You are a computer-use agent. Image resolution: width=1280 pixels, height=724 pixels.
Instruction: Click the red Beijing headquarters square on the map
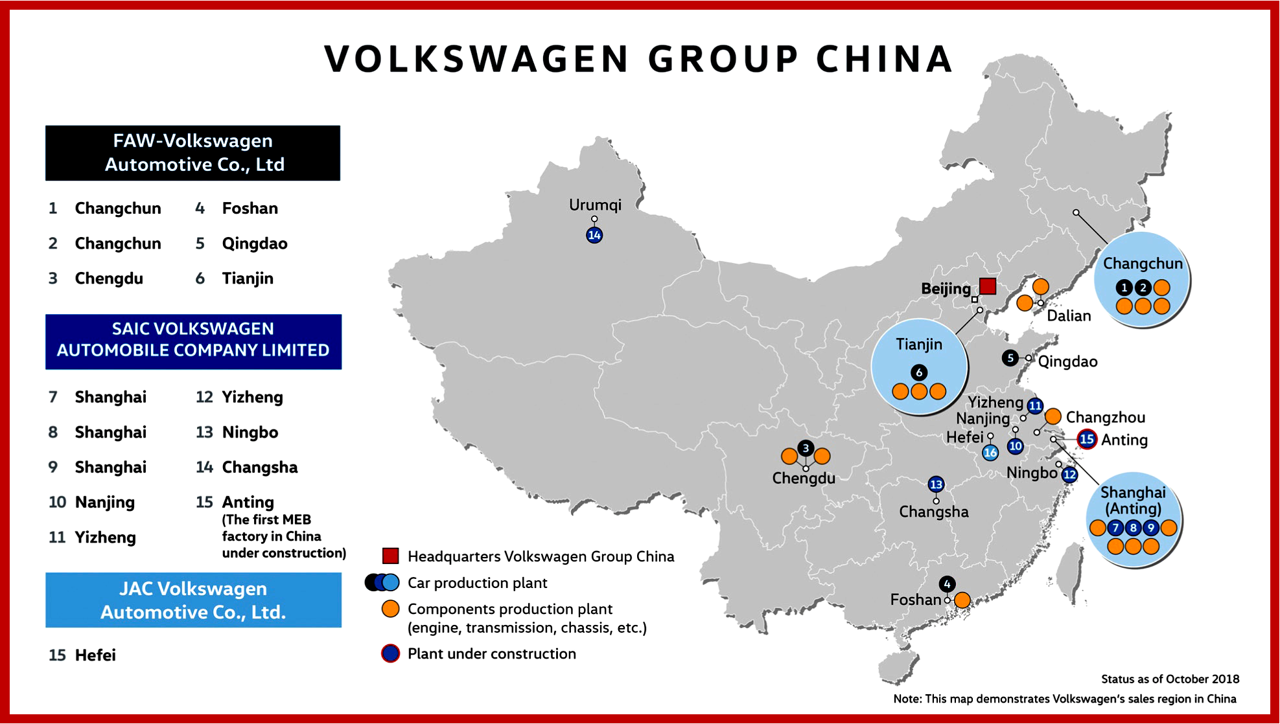coord(988,286)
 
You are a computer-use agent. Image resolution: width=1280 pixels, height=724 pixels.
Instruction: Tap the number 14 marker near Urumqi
coord(594,235)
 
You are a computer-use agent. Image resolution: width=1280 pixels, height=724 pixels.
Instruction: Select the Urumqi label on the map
coord(595,205)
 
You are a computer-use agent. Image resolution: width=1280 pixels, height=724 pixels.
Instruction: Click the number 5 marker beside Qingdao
coord(1010,358)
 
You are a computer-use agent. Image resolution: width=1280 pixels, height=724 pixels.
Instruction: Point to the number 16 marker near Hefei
coord(990,453)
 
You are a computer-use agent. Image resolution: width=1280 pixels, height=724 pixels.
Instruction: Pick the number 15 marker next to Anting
coord(1087,439)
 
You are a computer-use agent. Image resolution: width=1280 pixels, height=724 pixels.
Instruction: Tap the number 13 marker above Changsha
coord(936,484)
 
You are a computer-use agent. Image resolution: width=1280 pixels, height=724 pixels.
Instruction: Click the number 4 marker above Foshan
coord(947,584)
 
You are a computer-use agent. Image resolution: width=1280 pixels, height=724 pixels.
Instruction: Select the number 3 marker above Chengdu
coord(806,447)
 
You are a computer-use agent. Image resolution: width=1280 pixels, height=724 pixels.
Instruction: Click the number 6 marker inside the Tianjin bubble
coord(919,372)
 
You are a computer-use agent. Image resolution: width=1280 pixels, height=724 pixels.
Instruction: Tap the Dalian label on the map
coord(1069,316)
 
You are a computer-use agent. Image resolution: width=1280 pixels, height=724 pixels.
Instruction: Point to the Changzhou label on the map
coord(1105,418)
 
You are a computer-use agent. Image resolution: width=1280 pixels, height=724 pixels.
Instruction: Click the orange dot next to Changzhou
coord(1053,416)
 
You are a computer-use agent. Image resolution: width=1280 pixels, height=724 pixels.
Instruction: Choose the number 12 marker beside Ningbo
coord(1069,475)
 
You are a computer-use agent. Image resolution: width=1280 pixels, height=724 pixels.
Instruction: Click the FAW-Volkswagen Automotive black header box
coord(193,153)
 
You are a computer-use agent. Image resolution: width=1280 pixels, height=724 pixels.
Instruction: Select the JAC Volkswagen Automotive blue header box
coord(193,600)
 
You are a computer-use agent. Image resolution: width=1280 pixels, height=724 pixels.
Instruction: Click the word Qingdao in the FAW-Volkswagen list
coord(255,243)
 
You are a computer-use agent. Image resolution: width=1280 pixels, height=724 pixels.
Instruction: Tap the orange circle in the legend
coord(390,609)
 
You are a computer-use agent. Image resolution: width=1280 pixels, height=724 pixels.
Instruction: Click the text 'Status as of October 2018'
coord(1170,679)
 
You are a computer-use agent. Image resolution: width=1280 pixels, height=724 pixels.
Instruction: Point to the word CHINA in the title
coord(885,59)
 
